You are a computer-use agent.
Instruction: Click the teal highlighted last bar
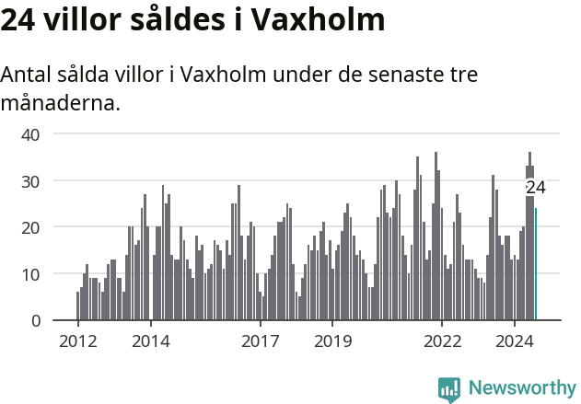[536, 265]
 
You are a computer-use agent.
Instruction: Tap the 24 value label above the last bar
[536, 188]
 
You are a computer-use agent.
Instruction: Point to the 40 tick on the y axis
[30, 134]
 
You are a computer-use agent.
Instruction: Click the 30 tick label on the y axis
[30, 181]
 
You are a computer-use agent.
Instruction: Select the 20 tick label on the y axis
[30, 227]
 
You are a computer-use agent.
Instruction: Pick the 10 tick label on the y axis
[30, 274]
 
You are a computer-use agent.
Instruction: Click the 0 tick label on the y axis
[35, 321]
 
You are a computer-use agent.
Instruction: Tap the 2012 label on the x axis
[77, 341]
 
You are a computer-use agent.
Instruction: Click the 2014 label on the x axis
[150, 341]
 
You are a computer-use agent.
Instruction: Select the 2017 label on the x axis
[260, 341]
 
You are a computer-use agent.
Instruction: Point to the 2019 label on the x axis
[332, 341]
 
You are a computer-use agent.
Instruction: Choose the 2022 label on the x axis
[442, 341]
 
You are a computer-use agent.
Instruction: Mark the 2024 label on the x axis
[515, 341]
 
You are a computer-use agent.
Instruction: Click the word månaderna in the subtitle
[60, 102]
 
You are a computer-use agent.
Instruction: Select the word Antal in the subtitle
[27, 75]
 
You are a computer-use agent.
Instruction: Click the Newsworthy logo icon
[449, 388]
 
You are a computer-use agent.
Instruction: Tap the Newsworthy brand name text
[521, 388]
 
